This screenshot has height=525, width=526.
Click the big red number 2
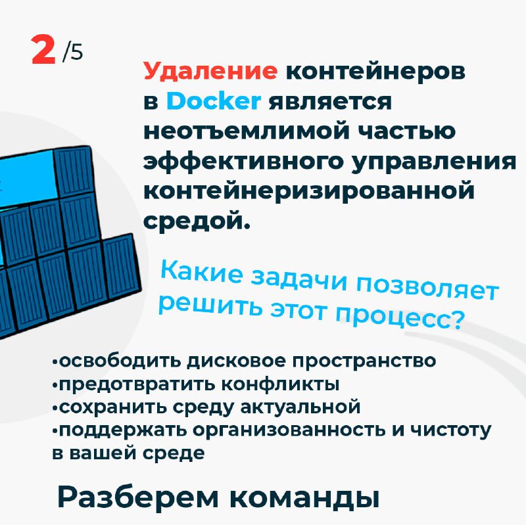(x=43, y=49)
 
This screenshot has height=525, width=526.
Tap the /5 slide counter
(x=72, y=53)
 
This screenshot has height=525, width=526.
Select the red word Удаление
(x=210, y=72)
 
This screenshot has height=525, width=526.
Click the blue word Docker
(x=214, y=101)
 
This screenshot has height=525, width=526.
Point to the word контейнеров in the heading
(x=375, y=72)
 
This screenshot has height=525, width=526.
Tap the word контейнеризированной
(x=309, y=191)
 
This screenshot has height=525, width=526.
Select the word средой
(x=197, y=221)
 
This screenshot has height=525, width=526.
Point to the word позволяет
(x=427, y=288)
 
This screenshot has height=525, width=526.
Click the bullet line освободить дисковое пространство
(x=244, y=361)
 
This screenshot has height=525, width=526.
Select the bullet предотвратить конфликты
(x=195, y=384)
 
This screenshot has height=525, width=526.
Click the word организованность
(x=289, y=430)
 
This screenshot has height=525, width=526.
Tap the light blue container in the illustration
(x=28, y=179)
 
